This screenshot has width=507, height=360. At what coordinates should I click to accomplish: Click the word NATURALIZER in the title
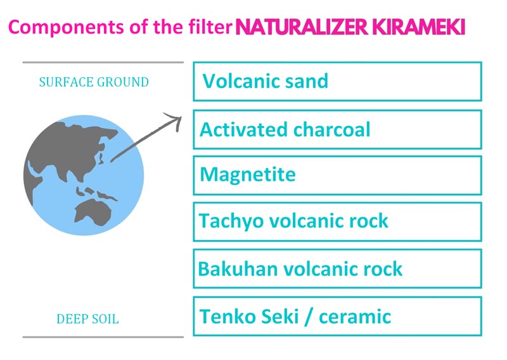click(302, 27)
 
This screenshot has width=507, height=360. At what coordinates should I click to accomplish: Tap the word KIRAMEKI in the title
click(418, 27)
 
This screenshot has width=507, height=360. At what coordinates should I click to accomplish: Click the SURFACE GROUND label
click(94, 82)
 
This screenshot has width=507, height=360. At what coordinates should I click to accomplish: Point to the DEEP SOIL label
click(87, 319)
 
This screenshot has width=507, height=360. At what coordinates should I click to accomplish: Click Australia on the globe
click(93, 212)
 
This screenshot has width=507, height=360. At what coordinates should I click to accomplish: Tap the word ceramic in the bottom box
click(355, 316)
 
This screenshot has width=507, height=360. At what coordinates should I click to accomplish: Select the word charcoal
click(331, 129)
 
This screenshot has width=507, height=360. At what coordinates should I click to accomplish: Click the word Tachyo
click(231, 221)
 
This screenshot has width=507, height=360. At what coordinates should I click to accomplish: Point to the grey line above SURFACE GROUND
click(103, 62)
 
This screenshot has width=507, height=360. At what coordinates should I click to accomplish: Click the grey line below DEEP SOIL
click(103, 337)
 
